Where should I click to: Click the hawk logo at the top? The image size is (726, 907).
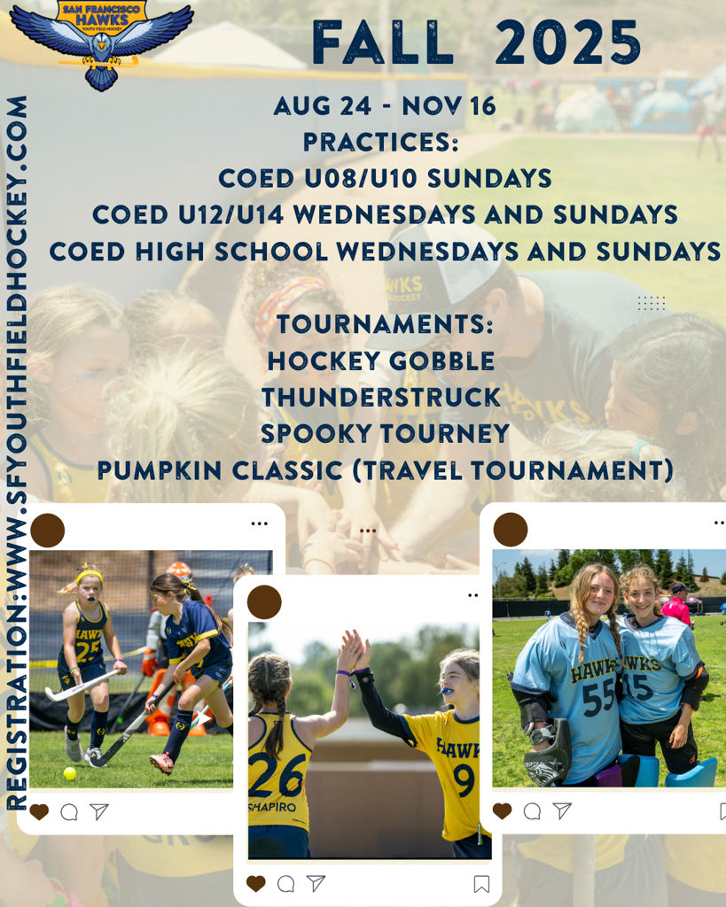coord(102,43)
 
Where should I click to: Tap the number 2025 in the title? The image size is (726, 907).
coord(568,43)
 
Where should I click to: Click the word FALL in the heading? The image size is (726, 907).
coord(383,43)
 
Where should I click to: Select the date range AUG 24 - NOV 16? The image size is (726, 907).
coord(385,106)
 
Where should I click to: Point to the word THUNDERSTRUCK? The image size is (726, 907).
coord(381,398)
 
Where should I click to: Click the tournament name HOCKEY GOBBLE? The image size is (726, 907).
coord(381,361)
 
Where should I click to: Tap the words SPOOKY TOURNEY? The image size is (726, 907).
coord(385,434)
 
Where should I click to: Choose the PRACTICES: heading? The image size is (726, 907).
coord(381,143)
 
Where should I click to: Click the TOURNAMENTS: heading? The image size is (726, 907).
coord(385,324)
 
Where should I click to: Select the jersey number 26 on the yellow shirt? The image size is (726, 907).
coord(277,775)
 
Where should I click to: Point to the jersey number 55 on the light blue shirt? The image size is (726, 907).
coord(600,698)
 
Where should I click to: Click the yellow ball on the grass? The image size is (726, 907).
coord(69,773)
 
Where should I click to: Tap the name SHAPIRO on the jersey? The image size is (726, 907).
coord(272,807)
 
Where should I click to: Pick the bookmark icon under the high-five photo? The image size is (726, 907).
coord(481,884)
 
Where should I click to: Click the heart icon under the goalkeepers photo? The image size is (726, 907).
coord(502,811)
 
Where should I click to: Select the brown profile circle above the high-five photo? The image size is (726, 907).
coord(264,602)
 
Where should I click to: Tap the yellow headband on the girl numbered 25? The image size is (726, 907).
coord(90,575)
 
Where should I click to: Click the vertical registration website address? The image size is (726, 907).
coord(16,453)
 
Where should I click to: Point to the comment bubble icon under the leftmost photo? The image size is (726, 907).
coord(69,812)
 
